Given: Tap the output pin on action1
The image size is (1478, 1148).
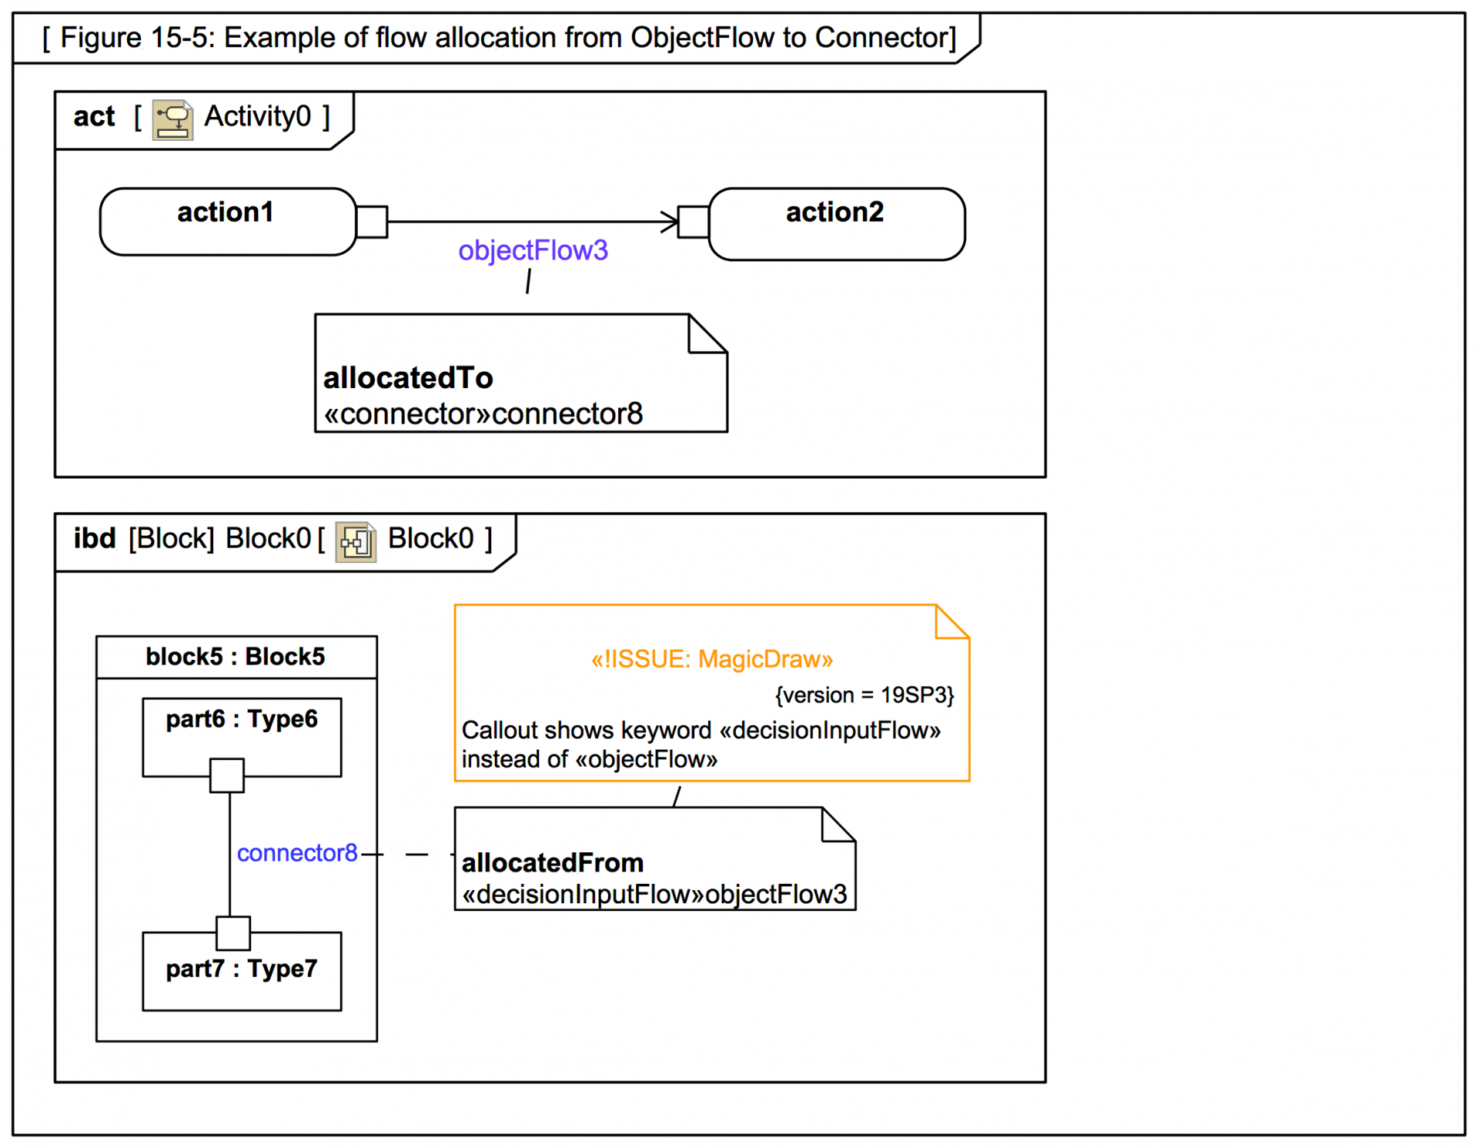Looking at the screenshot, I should [x=372, y=222].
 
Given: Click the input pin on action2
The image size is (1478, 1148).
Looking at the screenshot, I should [x=693, y=222].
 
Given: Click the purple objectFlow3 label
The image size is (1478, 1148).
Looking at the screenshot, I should [x=533, y=250].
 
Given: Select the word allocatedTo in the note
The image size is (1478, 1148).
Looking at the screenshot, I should [x=408, y=378].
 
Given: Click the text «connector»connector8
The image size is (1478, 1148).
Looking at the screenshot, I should [x=483, y=414].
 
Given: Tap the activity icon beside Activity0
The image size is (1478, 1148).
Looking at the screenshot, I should [x=172, y=119].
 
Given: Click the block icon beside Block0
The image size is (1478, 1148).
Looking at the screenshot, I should [x=356, y=541].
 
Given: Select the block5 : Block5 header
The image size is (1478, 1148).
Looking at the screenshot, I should [x=236, y=657].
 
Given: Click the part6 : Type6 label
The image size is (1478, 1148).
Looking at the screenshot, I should [x=242, y=719].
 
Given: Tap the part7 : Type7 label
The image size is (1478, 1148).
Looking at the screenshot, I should [x=242, y=969].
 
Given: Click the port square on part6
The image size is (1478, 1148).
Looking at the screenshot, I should [x=227, y=775].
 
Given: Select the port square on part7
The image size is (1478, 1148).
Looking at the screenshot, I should [x=233, y=933].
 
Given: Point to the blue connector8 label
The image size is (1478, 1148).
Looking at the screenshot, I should [x=296, y=853].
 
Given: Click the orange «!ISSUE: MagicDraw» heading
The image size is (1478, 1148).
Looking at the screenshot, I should [x=711, y=659].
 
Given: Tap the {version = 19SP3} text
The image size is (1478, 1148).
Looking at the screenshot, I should [x=864, y=695].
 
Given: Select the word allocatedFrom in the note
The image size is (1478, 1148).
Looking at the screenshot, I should [x=552, y=863].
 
